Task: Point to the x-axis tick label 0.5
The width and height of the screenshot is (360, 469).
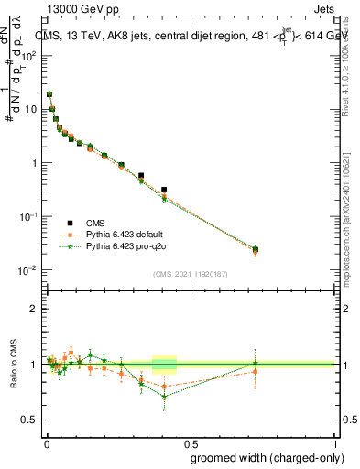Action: pyautogui.click(x=191, y=442)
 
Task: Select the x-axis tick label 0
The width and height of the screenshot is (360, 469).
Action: pyautogui.click(x=46, y=442)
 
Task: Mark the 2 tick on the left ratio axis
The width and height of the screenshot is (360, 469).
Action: pyautogui.click(x=35, y=309)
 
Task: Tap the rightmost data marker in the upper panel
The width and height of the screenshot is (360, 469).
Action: pyautogui.click(x=256, y=249)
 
